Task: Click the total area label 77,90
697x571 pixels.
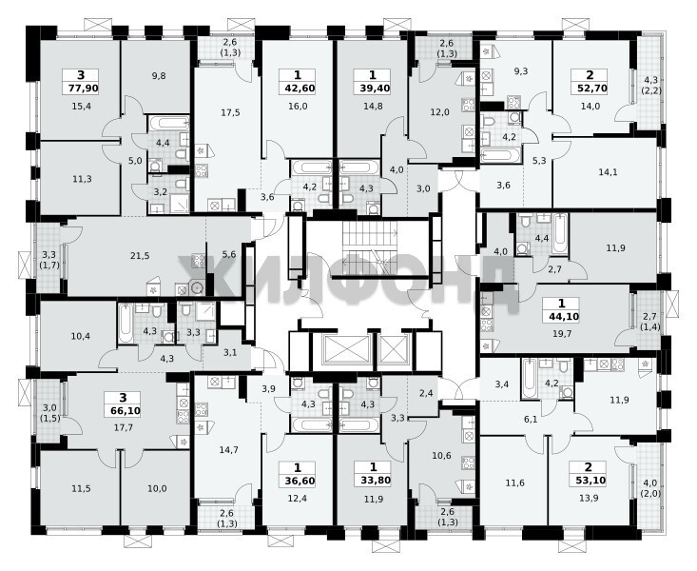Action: click(81, 89)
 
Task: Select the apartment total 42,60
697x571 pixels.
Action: click(298, 89)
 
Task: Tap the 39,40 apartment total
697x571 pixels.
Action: click(373, 89)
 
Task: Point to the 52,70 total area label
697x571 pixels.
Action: click(591, 89)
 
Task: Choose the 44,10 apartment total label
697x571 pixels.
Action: click(561, 317)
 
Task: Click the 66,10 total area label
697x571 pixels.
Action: click(123, 410)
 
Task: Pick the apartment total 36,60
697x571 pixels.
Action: click(298, 481)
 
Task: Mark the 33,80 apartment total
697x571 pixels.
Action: click(373, 481)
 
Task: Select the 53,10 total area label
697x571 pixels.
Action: click(589, 481)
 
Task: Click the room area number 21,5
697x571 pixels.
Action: click(140, 255)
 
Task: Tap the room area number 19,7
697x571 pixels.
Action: click(561, 333)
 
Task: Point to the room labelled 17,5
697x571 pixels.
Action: click(230, 112)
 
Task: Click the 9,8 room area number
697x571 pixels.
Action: click(159, 76)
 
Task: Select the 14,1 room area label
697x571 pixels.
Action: click(608, 172)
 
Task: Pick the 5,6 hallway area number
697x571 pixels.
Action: click(228, 254)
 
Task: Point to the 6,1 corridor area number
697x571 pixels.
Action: click(531, 419)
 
